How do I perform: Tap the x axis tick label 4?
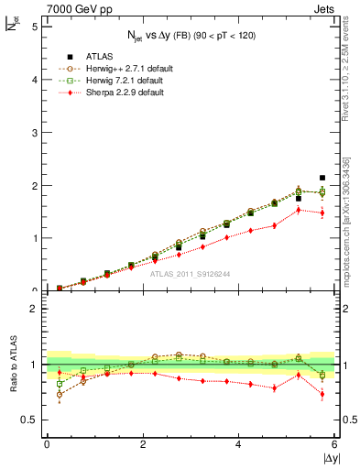tap(239, 445)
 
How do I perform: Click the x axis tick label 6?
tap(334, 445)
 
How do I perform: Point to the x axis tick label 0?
tap(47, 445)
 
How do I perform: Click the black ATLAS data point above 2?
tap(322, 178)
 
